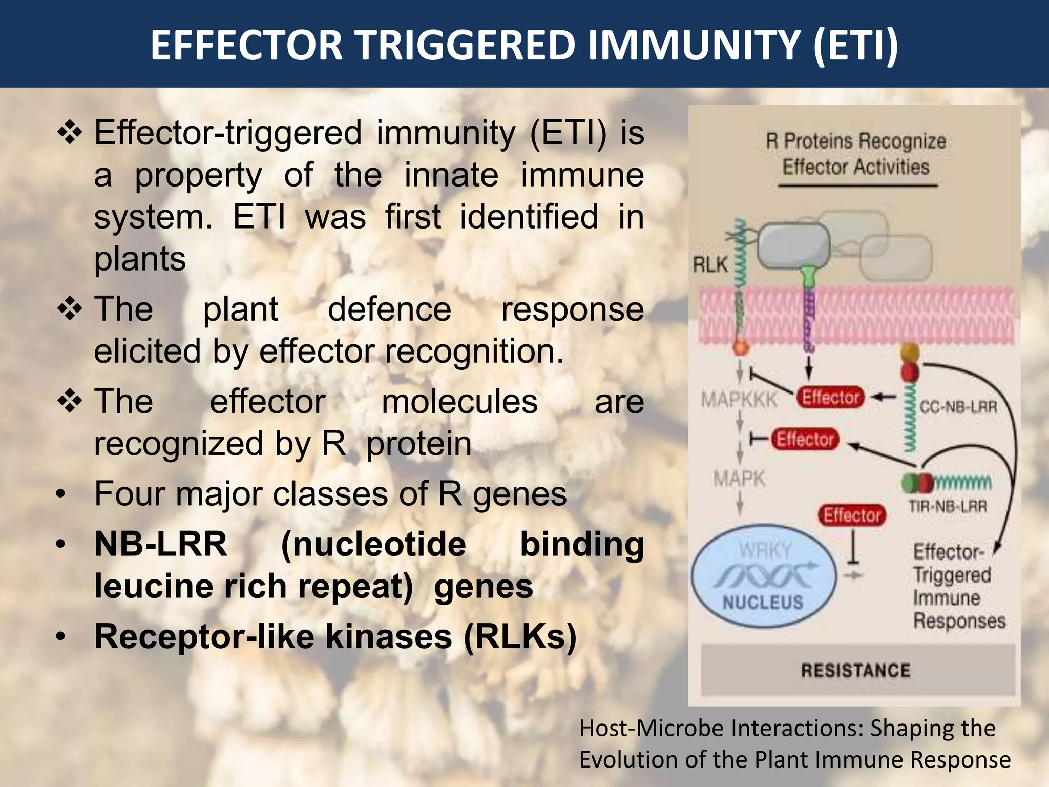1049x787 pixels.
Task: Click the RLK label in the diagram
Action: click(710, 265)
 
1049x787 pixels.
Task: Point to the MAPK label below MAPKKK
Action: click(739, 479)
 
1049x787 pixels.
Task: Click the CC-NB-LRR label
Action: click(958, 407)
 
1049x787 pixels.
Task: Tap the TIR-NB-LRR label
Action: click(947, 507)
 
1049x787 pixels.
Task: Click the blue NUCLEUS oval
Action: click(763, 576)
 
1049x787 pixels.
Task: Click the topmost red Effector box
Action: click(830, 397)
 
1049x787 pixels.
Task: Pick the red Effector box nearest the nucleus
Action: click(852, 515)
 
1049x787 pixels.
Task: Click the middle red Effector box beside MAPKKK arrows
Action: click(805, 439)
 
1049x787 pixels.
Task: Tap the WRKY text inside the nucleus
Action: click(765, 550)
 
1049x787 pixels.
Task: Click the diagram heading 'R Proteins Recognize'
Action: click(856, 141)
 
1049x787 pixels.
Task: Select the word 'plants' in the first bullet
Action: click(140, 259)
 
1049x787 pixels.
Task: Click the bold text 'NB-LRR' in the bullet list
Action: click(161, 544)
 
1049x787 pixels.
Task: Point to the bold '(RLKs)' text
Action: click(520, 637)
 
